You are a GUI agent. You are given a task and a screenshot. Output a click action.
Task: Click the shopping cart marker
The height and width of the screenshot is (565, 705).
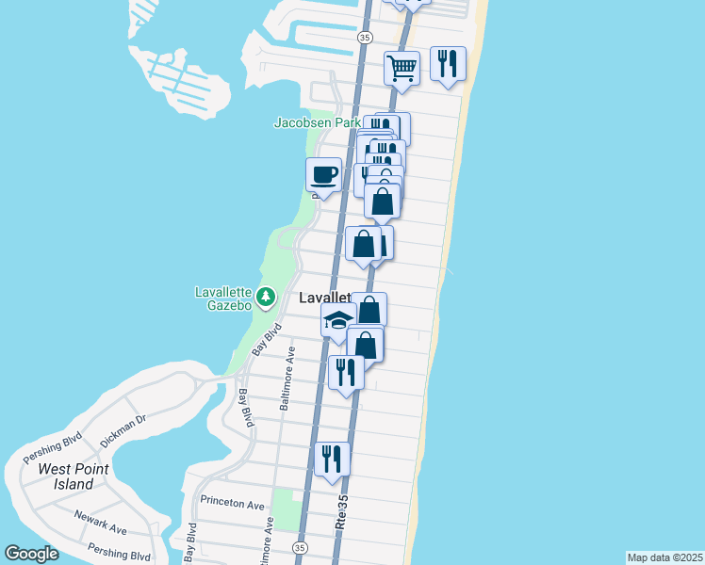(402, 69)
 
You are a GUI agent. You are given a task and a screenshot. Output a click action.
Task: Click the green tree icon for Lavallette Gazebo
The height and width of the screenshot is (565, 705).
(267, 298)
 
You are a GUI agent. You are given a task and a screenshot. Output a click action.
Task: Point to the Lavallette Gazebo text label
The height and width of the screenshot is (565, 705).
(223, 299)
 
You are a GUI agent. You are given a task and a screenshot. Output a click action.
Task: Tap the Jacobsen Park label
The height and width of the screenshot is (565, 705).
(318, 122)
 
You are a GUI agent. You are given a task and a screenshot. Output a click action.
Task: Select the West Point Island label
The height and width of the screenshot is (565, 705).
(74, 476)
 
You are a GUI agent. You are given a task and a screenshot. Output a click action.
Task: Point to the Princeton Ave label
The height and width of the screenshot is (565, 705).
(230, 505)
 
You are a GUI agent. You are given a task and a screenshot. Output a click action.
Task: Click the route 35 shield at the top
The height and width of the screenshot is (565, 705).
(365, 36)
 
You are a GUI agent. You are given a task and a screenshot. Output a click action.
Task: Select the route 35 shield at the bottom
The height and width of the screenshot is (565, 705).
(300, 547)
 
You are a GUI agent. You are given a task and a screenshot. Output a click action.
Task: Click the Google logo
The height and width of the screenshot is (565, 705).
(31, 554)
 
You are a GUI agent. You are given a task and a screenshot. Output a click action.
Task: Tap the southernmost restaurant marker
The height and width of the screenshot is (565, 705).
(332, 460)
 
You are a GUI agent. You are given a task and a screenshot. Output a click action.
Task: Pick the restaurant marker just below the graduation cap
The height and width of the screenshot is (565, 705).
(346, 373)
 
